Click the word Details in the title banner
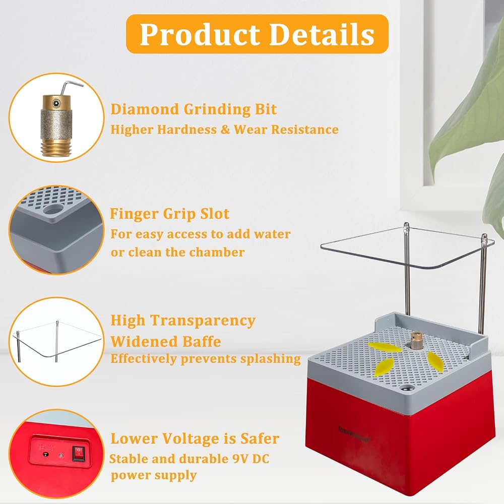[x=322, y=34]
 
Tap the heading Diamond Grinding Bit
[x=194, y=109]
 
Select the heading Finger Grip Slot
[x=169, y=214]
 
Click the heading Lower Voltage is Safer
[x=195, y=438]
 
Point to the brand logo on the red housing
[x=354, y=433]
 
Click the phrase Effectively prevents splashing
[x=206, y=359]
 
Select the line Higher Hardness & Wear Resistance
[x=224, y=130]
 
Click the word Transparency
[x=203, y=321]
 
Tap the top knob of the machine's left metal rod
[x=406, y=226]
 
